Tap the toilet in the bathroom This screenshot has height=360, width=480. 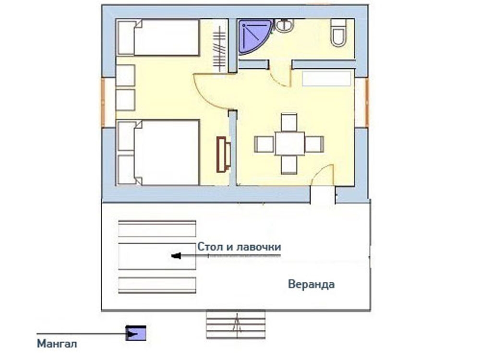(x=338, y=33)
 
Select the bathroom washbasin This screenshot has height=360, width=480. (x=284, y=25)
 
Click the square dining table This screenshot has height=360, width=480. (x=289, y=143)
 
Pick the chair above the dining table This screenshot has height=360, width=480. (x=289, y=122)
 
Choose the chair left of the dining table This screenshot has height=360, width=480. (x=264, y=144)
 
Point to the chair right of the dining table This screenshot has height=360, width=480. (x=314, y=144)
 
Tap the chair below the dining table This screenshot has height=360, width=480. (x=289, y=165)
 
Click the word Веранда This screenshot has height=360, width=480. (x=312, y=284)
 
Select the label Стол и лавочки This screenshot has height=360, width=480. (x=239, y=246)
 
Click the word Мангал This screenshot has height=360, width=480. (x=57, y=344)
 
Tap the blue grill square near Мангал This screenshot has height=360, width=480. (x=136, y=333)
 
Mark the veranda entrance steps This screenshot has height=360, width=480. (x=236, y=324)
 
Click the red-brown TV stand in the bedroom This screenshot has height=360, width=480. (x=224, y=154)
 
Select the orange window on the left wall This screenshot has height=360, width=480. (x=103, y=102)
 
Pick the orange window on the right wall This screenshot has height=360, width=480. (x=367, y=102)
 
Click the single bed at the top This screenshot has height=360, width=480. (x=158, y=37)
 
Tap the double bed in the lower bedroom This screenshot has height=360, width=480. (x=158, y=153)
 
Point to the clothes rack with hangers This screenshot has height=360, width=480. (x=219, y=49)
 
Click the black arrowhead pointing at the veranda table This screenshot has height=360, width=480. (x=176, y=256)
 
